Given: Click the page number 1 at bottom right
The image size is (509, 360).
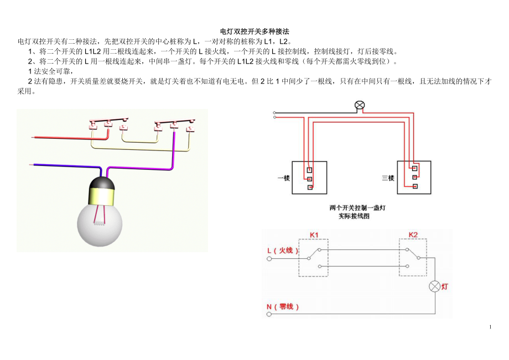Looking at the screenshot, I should [x=490, y=327].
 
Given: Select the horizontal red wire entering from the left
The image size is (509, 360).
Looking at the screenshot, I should [x=61, y=137].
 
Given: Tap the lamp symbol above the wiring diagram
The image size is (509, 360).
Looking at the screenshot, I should [x=360, y=105].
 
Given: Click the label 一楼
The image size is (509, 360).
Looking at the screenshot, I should [x=283, y=178].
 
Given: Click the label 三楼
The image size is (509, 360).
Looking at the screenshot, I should [x=388, y=178].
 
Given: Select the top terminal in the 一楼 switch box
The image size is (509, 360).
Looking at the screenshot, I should [x=310, y=170].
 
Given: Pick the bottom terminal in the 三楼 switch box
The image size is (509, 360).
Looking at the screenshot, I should [x=414, y=186].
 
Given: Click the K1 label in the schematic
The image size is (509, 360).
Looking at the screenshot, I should [x=314, y=234].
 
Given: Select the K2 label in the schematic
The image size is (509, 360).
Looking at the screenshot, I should [x=413, y=234].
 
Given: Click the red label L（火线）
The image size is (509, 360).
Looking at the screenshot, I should [x=283, y=251].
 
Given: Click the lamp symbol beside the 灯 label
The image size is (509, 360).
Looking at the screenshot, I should [x=435, y=286].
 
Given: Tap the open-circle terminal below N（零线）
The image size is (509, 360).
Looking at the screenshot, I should [x=269, y=314].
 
